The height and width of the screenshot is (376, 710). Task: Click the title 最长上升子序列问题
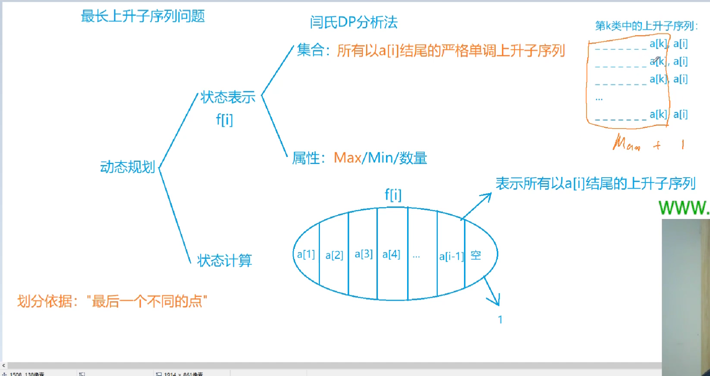pos(143,16)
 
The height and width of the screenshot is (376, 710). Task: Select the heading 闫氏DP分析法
pos(354,22)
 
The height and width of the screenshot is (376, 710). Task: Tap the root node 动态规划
pos(127,167)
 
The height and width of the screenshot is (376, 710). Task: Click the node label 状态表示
pos(228,98)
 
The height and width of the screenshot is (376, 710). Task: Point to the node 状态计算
pos(224,261)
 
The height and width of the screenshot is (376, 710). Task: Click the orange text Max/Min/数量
pos(380,158)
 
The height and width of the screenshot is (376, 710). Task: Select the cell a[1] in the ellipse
pos(306,254)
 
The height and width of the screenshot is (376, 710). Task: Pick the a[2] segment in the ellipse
pos(334,255)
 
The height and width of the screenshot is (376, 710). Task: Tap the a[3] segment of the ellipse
pos(363,254)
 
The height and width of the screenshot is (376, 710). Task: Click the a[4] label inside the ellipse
pos(391,254)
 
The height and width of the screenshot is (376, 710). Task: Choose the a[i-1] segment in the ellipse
pos(451,256)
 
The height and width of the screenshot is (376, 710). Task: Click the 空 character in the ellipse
pos(476,255)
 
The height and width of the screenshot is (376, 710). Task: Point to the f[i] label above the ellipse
pos(393,194)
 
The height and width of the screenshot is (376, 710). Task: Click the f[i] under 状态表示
pos(224,120)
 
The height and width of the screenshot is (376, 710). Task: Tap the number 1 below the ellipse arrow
pos(500,319)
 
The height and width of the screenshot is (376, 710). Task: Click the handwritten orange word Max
pos(627,143)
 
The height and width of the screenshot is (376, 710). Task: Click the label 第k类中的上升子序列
pos(646,26)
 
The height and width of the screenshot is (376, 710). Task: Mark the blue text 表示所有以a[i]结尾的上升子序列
pos(595,184)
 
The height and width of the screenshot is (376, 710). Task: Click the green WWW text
pos(683,208)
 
